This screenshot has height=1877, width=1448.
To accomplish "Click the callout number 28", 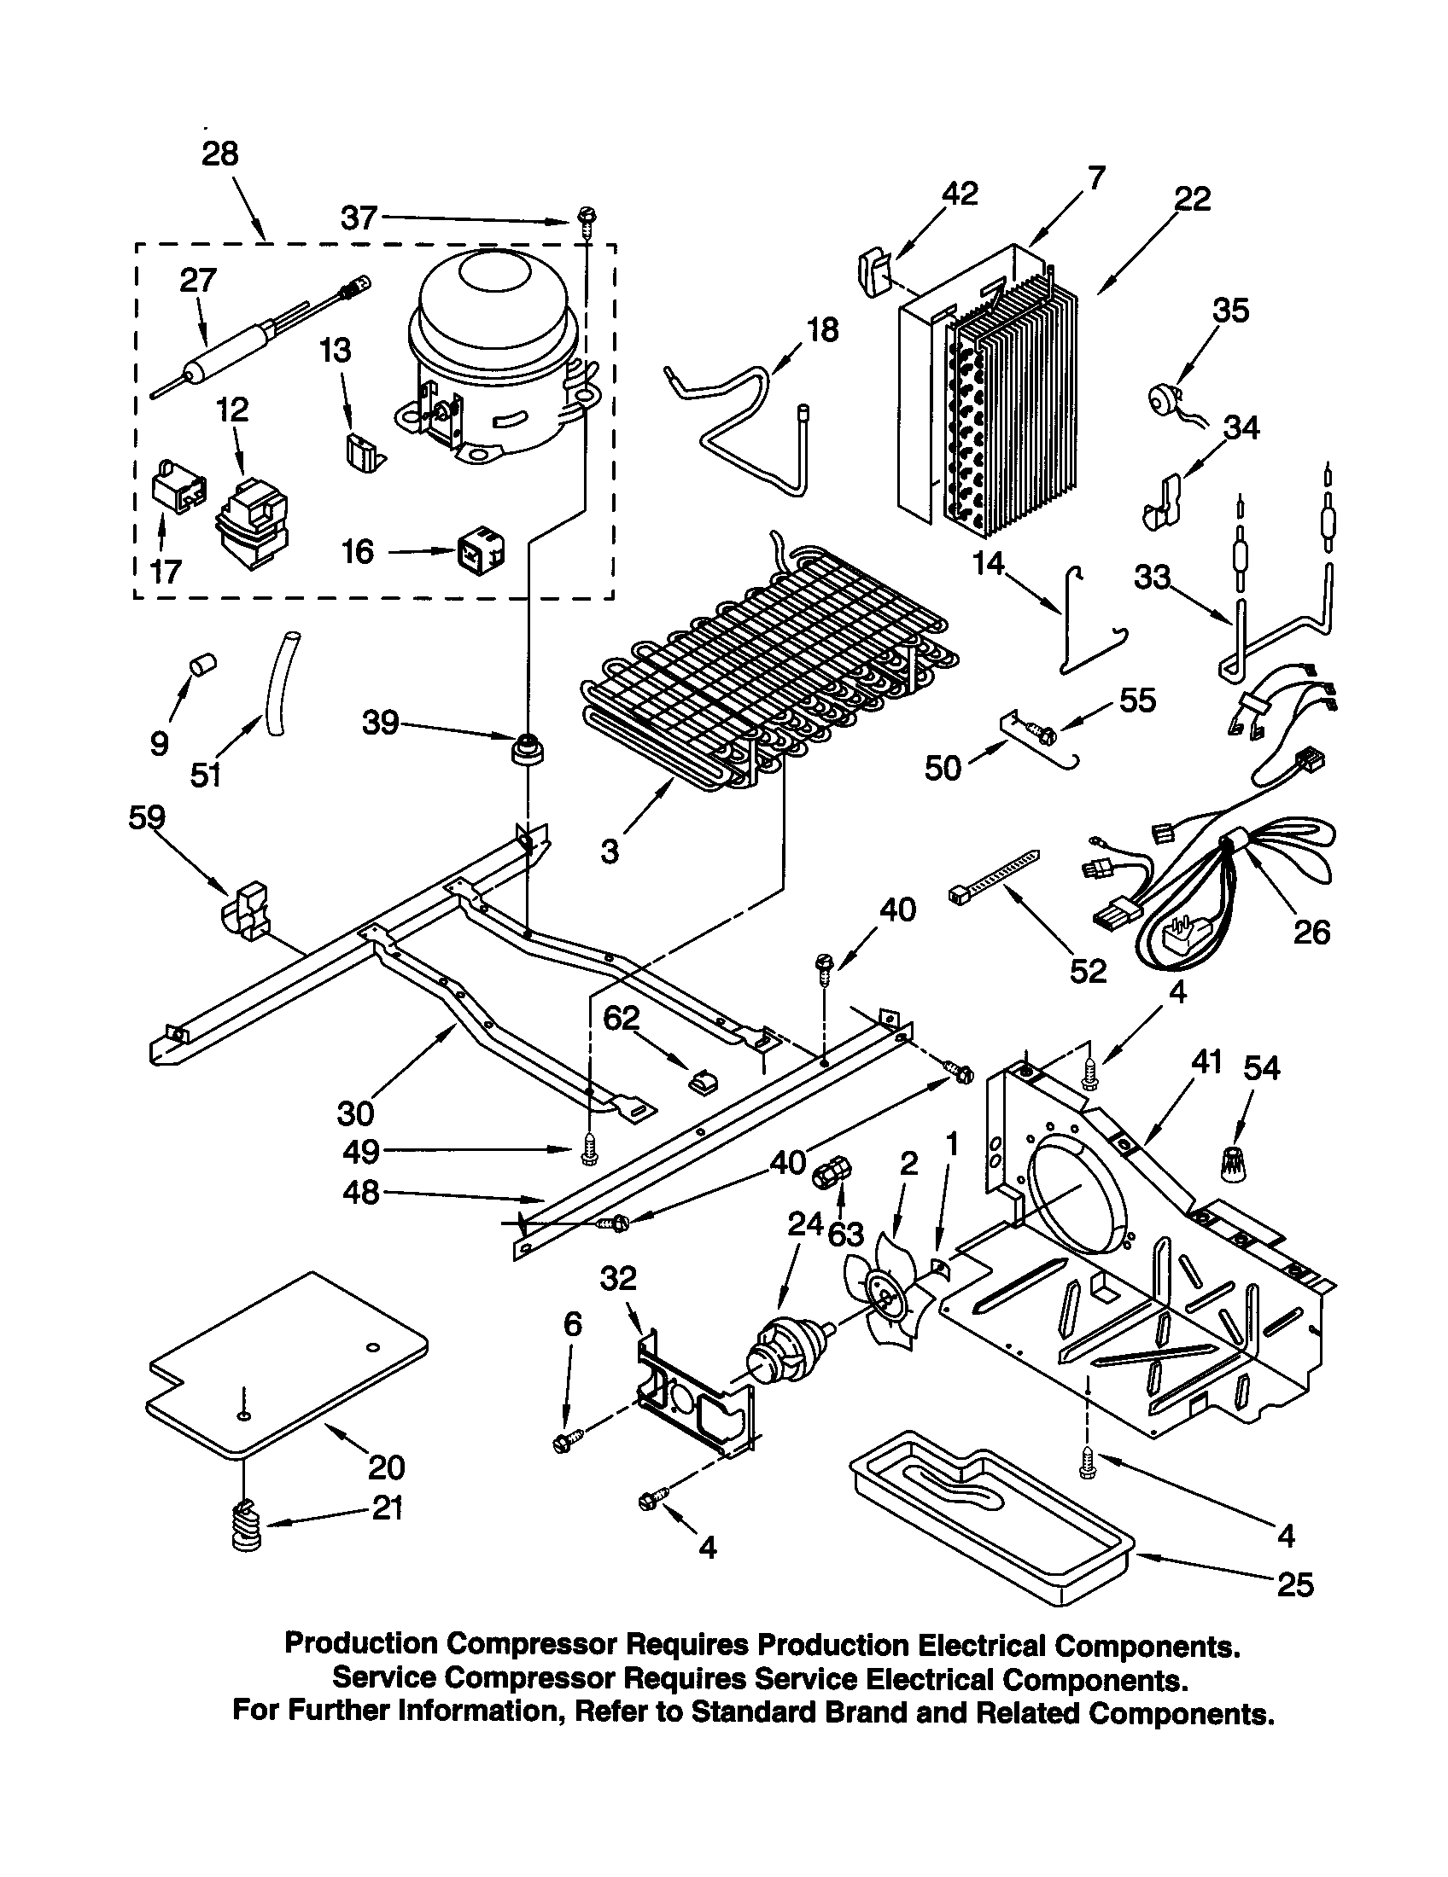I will (219, 154).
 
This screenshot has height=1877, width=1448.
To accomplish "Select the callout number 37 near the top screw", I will (359, 218).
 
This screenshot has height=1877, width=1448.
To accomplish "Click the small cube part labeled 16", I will (479, 549).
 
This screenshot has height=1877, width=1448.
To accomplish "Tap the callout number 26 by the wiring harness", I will (1311, 933).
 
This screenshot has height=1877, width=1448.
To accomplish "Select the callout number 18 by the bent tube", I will (823, 330).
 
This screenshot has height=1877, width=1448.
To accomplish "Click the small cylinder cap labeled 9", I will (203, 665).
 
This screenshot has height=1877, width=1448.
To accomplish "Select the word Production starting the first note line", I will (360, 1643).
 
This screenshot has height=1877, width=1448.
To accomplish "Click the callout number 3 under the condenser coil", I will (609, 851).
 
